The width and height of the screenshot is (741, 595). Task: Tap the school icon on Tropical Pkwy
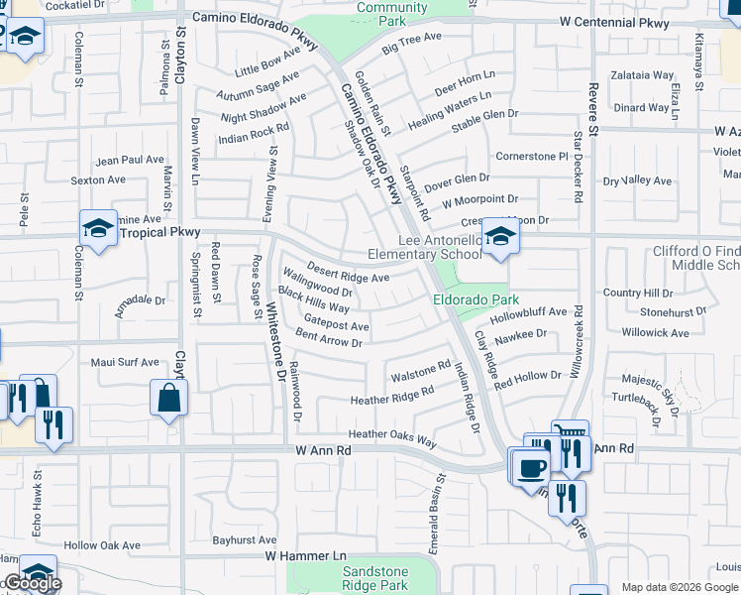(98, 230)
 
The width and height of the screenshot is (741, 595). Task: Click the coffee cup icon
(530, 465)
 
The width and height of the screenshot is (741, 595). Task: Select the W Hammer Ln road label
(307, 556)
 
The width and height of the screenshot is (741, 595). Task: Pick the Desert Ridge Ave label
(348, 272)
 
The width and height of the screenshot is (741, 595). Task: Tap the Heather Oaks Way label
(391, 436)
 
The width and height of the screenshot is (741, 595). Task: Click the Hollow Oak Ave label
(102, 545)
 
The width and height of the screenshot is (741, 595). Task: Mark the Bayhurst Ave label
(245, 540)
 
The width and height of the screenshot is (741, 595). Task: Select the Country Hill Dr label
(637, 293)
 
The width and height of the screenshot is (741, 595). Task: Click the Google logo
(32, 583)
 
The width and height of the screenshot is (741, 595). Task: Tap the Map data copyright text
(680, 587)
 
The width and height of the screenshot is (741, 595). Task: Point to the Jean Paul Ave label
(129, 159)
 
